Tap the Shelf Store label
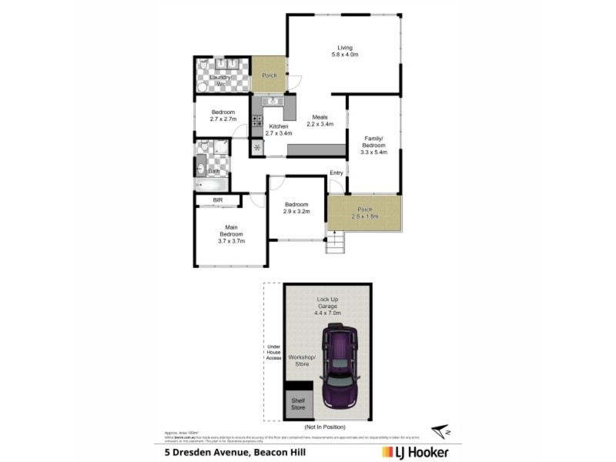(x=297, y=405)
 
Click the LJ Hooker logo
(x=415, y=452)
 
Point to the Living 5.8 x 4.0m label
(x=344, y=51)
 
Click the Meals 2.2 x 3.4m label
(x=320, y=120)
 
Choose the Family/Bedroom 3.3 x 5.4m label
(x=373, y=145)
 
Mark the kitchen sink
(x=272, y=101)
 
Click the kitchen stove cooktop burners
(x=256, y=121)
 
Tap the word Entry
(x=336, y=172)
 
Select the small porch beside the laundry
(x=269, y=75)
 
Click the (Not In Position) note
(x=325, y=427)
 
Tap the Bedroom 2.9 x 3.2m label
(x=296, y=207)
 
